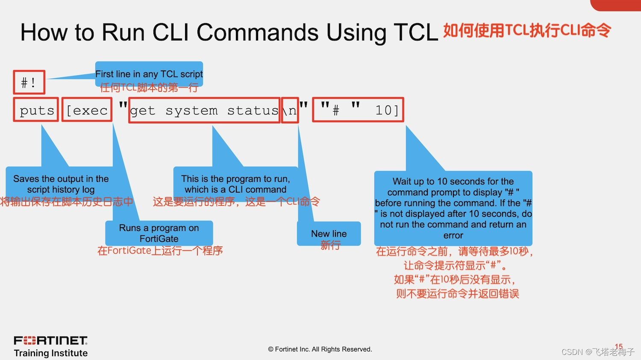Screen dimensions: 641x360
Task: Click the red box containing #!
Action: [x=29, y=82]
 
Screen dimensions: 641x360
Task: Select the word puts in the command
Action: [x=36, y=110]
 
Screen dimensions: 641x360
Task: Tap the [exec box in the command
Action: [x=87, y=110]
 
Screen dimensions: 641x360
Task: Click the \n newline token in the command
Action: [x=290, y=111]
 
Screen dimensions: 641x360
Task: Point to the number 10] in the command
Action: [x=386, y=110]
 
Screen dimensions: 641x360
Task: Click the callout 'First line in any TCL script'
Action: [x=149, y=74]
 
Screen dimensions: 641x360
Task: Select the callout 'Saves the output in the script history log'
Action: [x=61, y=184]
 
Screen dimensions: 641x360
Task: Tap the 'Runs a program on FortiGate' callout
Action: [x=159, y=233]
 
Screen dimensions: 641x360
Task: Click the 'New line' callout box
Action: [x=329, y=234]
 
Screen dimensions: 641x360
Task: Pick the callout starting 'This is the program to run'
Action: [x=235, y=184]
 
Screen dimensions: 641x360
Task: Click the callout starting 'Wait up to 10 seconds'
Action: [x=453, y=208]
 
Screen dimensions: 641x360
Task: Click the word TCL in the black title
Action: [x=415, y=32]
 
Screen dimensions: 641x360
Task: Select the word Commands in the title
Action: [x=258, y=32]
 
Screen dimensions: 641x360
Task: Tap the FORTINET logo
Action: [x=50, y=340]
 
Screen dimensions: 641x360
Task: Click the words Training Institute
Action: [x=50, y=353]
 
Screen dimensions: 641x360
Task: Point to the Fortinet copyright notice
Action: [x=320, y=349]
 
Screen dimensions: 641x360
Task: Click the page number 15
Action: [x=618, y=346]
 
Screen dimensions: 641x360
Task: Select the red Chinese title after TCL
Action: [x=527, y=30]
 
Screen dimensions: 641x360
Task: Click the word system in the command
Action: [x=191, y=111]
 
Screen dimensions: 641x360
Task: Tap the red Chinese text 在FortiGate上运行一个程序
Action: [x=160, y=251]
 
